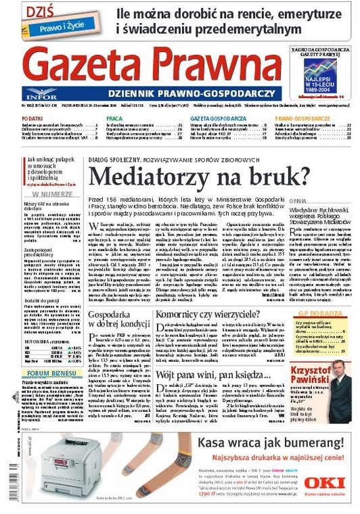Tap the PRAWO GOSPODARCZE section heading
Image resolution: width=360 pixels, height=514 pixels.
point(302,118)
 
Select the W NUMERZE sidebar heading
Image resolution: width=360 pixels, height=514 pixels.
point(49,193)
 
